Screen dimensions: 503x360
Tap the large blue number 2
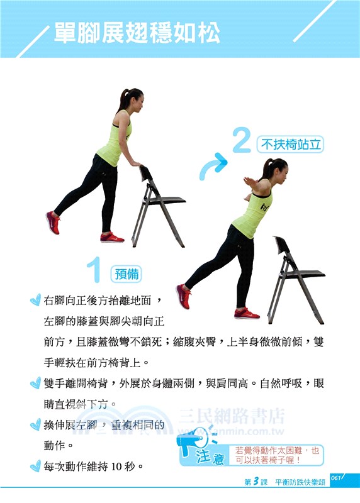click(242, 141)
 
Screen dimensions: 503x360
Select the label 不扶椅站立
click(291, 145)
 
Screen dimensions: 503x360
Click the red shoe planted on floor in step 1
click(112, 238)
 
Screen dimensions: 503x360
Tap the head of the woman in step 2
click(276, 168)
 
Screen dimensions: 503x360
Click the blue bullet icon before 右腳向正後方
click(35, 301)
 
